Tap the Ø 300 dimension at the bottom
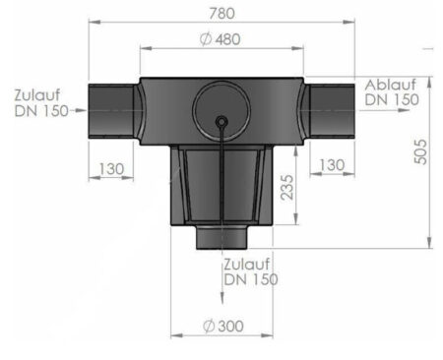point(221,326)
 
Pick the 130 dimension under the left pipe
point(110,169)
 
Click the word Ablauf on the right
point(392,84)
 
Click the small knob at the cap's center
point(221,121)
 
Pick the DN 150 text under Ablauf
point(392,99)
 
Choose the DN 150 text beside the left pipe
point(41,111)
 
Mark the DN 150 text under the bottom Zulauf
point(250,279)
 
